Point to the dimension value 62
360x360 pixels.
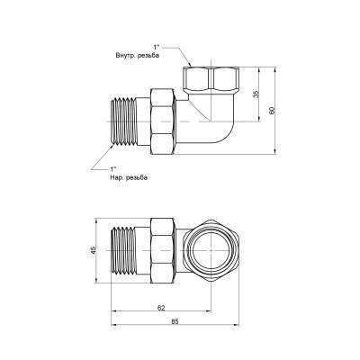click(160, 307)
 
